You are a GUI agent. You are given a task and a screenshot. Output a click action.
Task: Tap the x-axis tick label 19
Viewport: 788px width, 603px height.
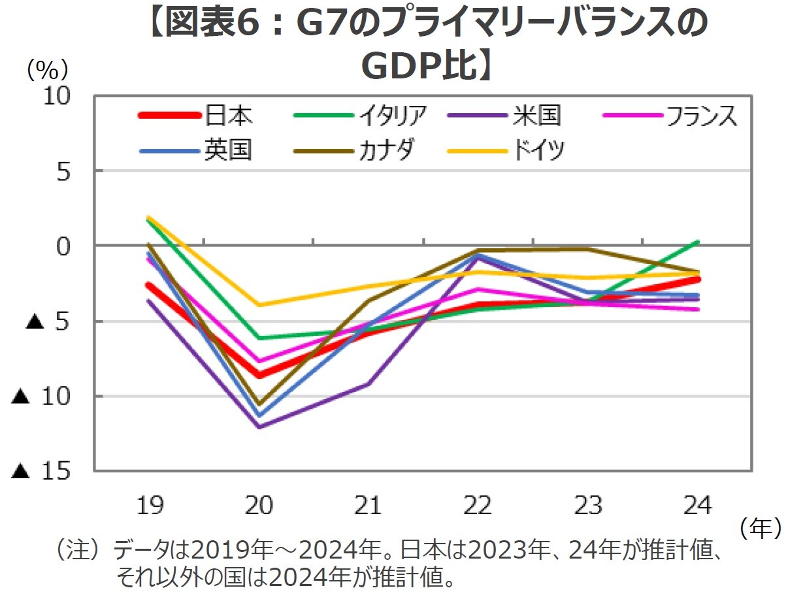150,505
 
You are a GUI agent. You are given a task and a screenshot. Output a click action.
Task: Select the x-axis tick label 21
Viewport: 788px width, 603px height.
369,505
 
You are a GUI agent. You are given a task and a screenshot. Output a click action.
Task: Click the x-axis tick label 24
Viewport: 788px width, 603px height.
697,505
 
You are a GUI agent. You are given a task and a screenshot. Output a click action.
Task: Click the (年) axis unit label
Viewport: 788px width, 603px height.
760,528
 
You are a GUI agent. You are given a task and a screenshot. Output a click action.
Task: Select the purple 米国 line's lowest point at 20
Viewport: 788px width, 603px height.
260,427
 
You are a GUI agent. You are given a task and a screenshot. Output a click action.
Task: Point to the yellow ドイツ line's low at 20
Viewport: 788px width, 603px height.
260,304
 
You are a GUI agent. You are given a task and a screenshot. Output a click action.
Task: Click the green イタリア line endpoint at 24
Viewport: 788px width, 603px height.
698,242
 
